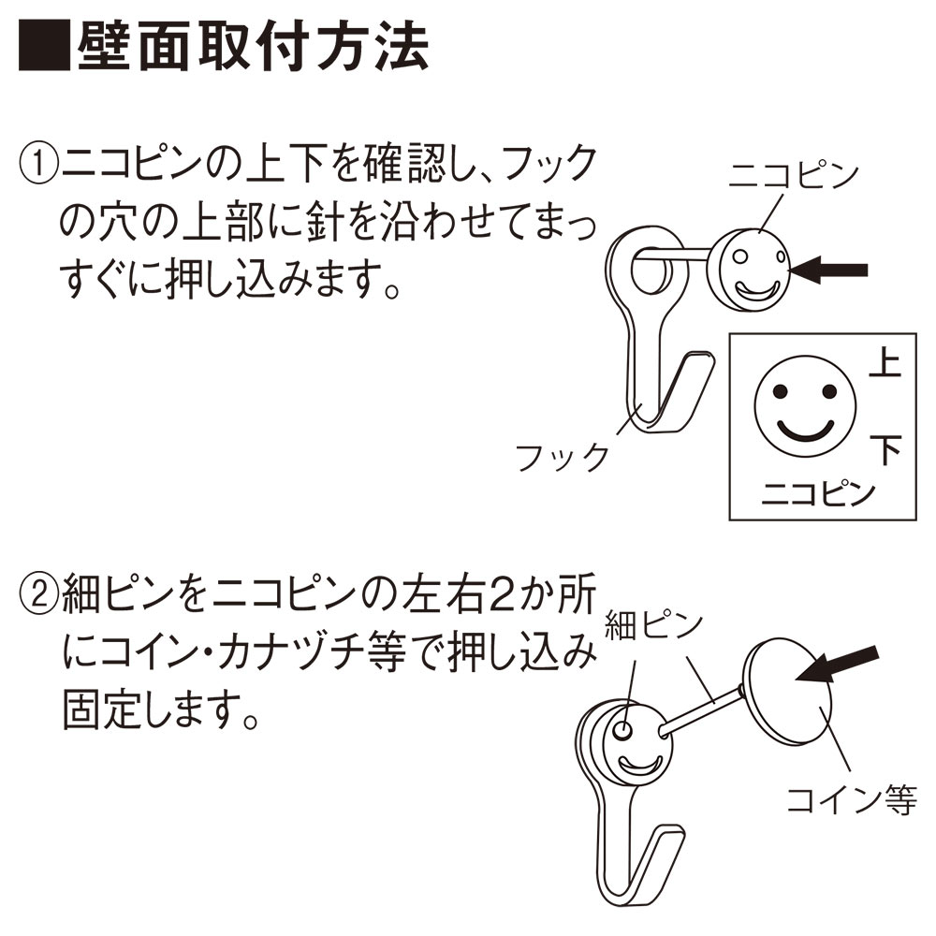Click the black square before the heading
pos(44,47)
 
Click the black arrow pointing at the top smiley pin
pos(828,270)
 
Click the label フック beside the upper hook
pos(562,458)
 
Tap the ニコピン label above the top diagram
pos(794,176)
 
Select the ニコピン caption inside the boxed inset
pos(818,493)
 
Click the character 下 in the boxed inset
pos(885,449)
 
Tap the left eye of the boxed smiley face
pos(780,391)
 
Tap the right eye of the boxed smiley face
pos(829,391)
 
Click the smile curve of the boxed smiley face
pos(805,434)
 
